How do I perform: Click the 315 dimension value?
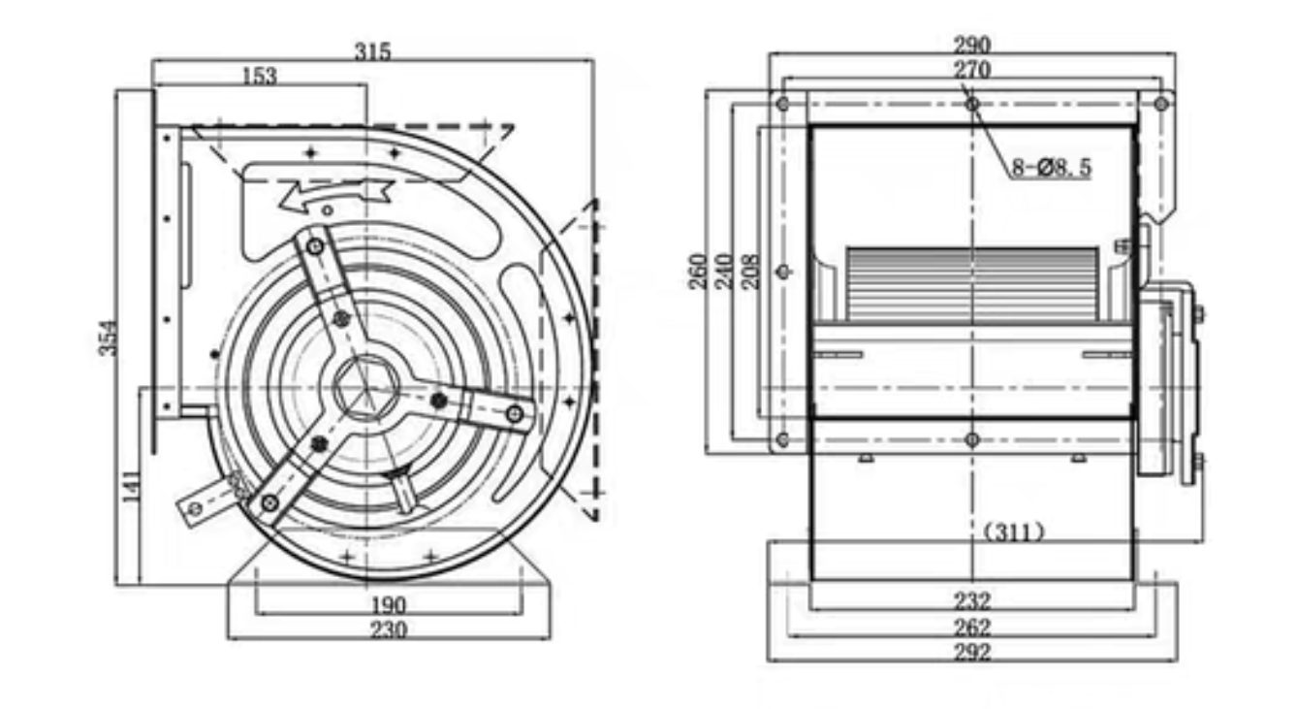click(372, 52)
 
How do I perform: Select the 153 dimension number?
click(259, 77)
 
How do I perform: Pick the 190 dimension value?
click(389, 605)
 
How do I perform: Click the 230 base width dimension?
click(389, 629)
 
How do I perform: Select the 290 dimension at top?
click(971, 45)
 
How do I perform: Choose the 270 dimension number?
click(971, 70)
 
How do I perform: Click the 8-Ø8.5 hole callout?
click(1052, 168)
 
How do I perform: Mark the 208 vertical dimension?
click(748, 273)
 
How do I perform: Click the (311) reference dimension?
click(1013, 532)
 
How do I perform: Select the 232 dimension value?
click(971, 601)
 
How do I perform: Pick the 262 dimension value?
click(971, 627)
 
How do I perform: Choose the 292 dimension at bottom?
click(971, 652)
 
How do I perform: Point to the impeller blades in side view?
click(971, 282)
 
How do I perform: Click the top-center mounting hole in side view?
click(972, 103)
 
